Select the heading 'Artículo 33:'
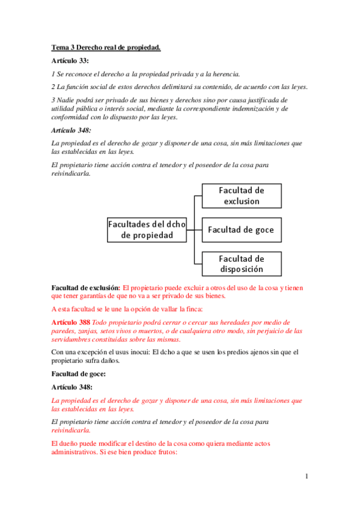70,61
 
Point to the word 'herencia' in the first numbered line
224,74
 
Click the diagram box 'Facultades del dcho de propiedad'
147,229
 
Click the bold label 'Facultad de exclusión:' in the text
86,287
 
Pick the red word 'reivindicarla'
72,430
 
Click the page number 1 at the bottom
307,476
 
